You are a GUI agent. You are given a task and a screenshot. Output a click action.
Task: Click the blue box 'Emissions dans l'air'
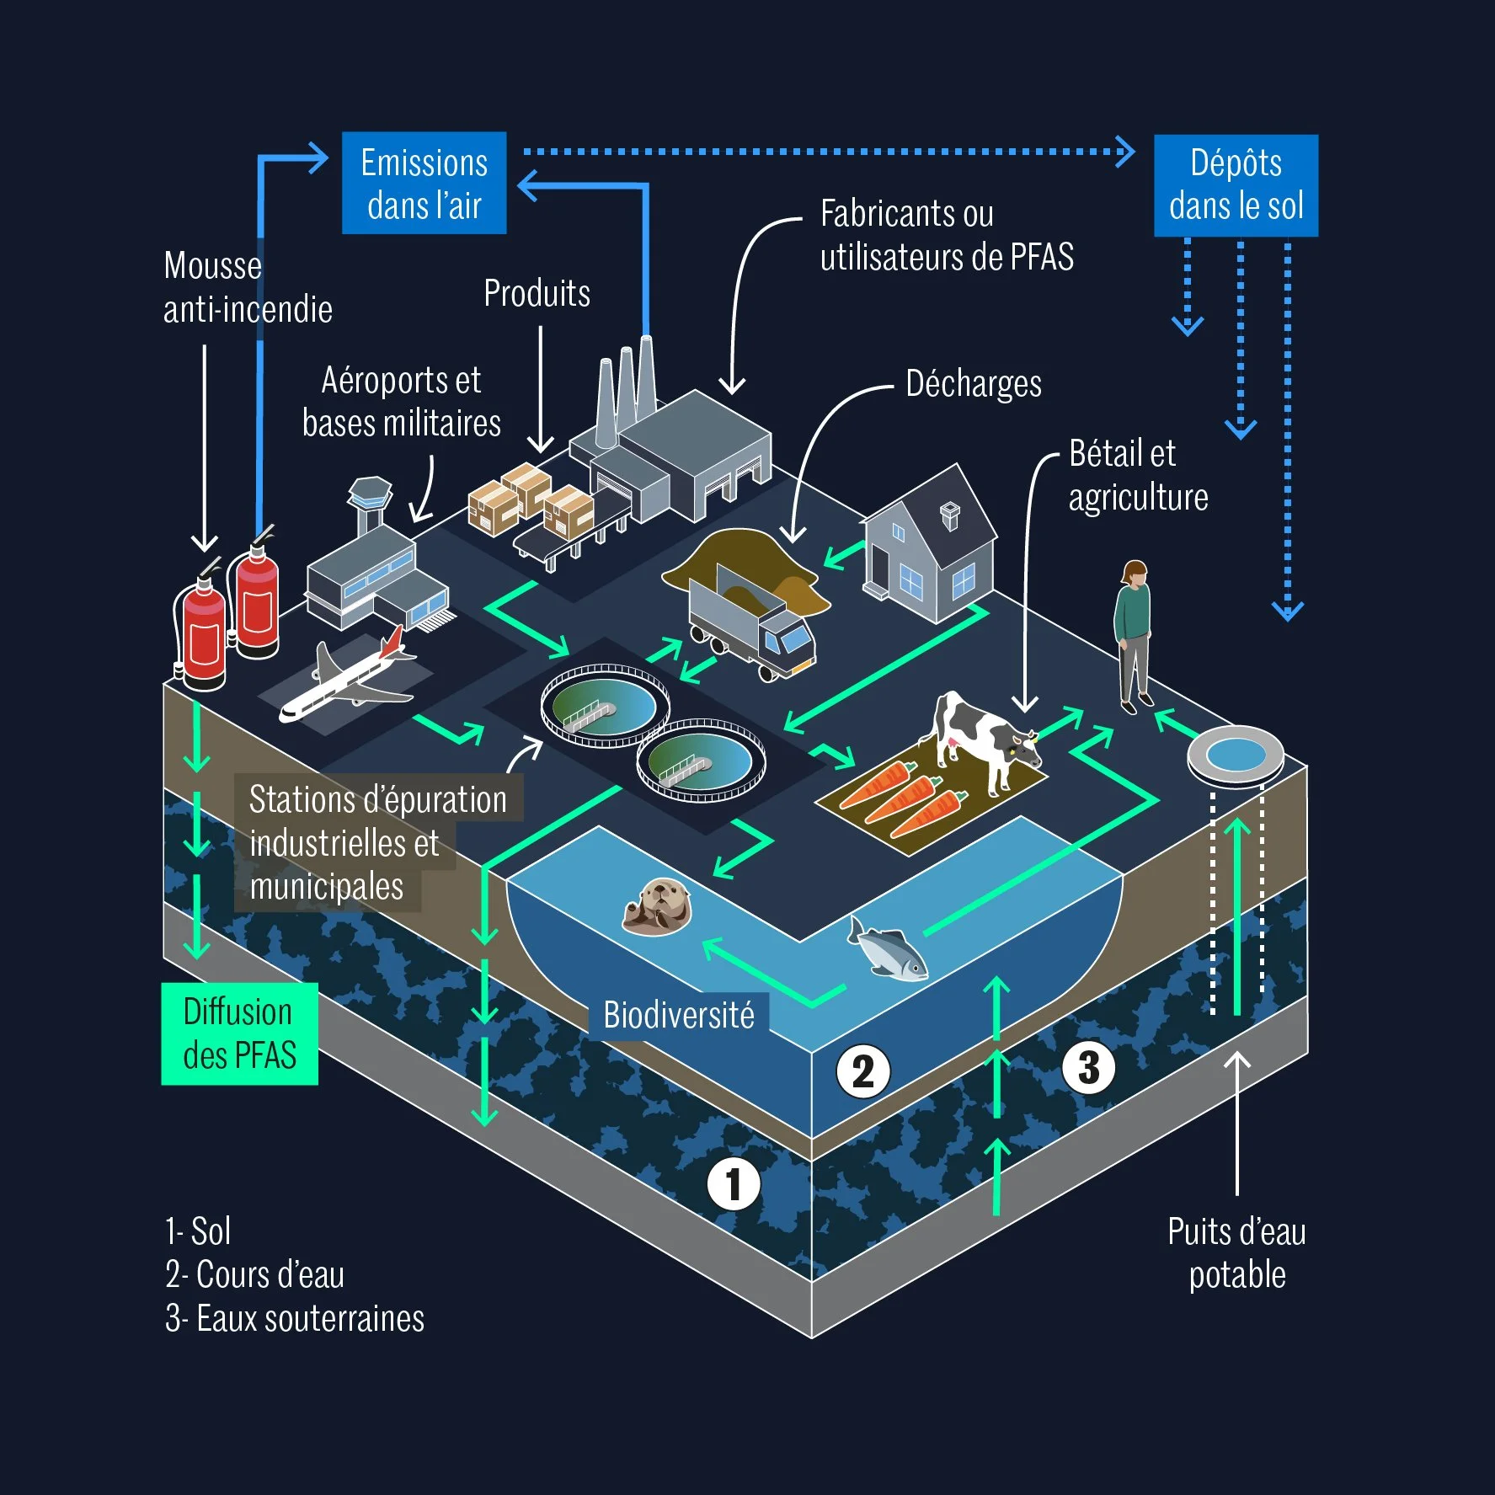[x=424, y=183]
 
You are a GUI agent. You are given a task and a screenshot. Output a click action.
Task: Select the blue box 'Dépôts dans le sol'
[x=1236, y=185]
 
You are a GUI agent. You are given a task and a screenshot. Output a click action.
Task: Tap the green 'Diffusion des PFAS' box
[x=239, y=1033]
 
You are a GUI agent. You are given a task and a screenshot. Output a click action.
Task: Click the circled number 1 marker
[x=733, y=1183]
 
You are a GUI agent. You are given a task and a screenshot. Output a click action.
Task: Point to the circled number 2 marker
[x=862, y=1071]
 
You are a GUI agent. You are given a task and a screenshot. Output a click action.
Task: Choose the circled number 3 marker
[x=1089, y=1067]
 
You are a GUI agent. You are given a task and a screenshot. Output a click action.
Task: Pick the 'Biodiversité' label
[x=679, y=1016]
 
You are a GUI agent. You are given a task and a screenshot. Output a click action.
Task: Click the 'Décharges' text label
[x=973, y=384]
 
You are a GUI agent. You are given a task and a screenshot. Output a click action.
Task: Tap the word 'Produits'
[x=537, y=294]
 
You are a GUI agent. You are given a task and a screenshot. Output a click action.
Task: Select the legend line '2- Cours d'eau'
[x=254, y=1275]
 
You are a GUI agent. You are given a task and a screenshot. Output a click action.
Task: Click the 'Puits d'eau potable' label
[x=1236, y=1253]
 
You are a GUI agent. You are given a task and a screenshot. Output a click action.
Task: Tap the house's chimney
[x=949, y=515]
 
